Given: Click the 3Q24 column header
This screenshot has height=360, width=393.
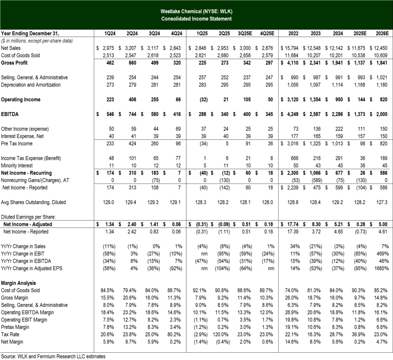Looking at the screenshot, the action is point(154,33).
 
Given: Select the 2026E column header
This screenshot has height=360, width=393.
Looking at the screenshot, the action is point(382,33).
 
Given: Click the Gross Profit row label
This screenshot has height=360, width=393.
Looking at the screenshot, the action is point(14,63).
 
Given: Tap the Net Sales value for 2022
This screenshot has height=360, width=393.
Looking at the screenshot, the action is point(290,48).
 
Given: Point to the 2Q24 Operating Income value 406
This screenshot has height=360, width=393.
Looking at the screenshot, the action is point(132,100).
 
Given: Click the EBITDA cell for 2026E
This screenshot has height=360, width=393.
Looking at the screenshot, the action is point(379,114).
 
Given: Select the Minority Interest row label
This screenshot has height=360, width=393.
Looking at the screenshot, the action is point(17,166).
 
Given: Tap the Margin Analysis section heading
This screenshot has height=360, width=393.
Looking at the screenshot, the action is point(18,283).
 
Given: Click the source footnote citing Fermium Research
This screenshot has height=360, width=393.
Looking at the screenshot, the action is point(53,357).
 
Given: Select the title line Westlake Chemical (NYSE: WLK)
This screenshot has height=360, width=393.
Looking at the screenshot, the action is point(196,11).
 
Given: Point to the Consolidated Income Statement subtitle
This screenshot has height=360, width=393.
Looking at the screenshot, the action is point(196,19).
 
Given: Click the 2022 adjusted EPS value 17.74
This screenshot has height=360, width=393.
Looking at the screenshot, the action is point(290,224).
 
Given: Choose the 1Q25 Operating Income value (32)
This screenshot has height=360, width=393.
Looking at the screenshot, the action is point(203,100).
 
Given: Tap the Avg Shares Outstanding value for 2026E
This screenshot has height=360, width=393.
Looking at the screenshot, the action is point(382,202).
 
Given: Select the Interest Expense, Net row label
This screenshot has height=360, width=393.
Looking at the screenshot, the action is point(22,136).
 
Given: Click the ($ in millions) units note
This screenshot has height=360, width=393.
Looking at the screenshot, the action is point(37,41).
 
